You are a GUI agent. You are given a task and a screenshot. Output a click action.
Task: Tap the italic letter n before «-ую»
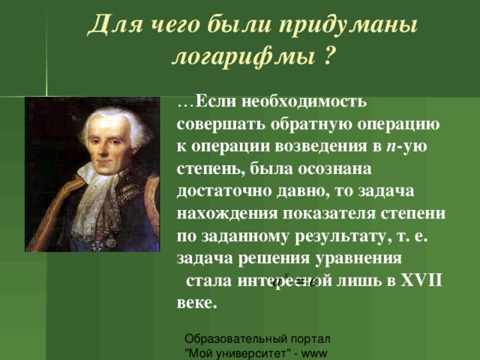(389, 142)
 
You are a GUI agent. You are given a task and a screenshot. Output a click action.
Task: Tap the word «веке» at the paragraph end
(196, 302)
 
